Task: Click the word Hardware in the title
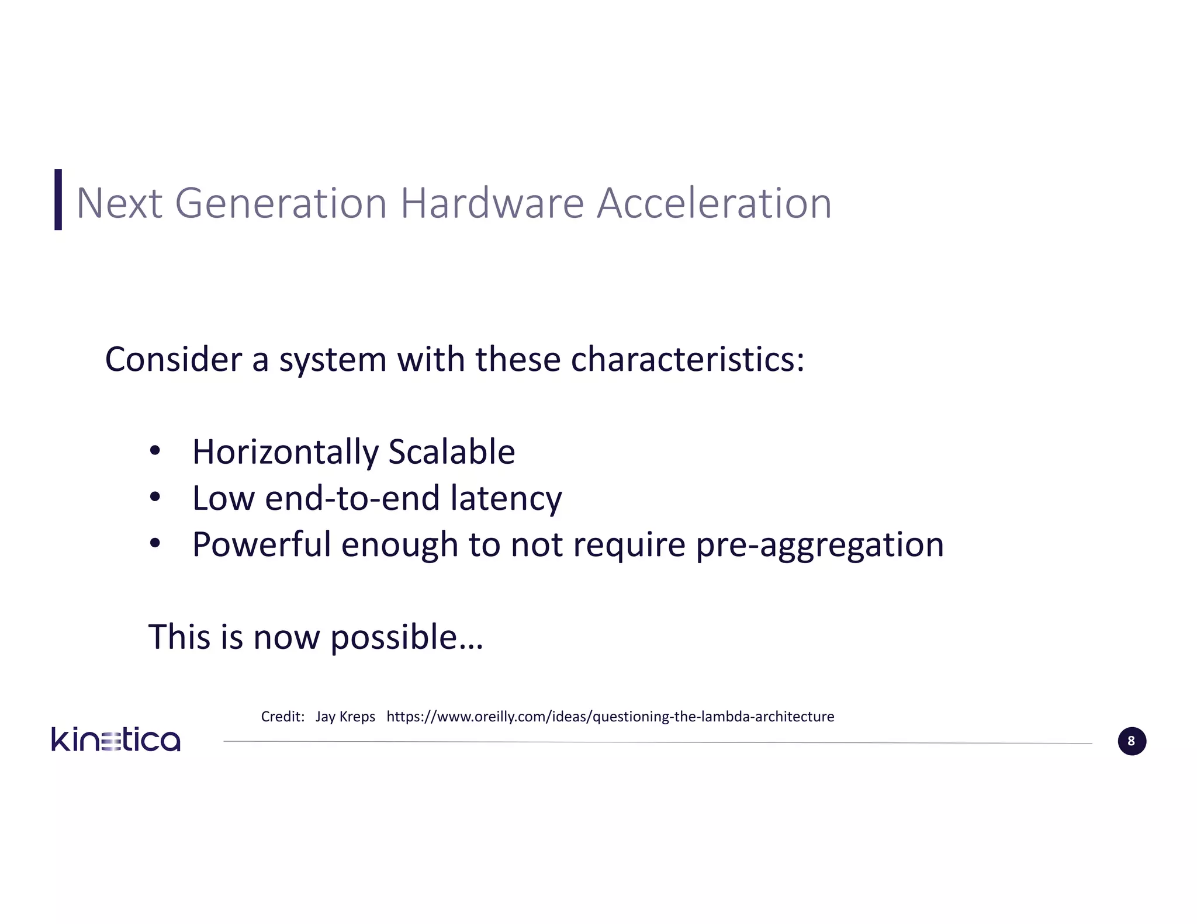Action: (x=492, y=204)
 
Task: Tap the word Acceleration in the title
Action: (x=714, y=204)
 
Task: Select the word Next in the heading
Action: (x=119, y=204)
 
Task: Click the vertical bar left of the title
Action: (x=58, y=200)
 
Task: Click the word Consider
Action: (x=173, y=359)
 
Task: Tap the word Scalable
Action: (x=451, y=452)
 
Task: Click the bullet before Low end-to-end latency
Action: (x=154, y=498)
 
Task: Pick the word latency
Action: (x=506, y=499)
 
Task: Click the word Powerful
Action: (x=261, y=544)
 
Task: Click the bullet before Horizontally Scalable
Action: (x=154, y=451)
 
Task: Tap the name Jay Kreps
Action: (x=345, y=717)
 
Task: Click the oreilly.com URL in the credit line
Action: (x=610, y=717)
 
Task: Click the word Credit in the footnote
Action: (x=282, y=717)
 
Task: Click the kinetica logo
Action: (x=116, y=740)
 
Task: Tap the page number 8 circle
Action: (x=1132, y=741)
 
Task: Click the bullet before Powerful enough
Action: (x=154, y=544)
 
